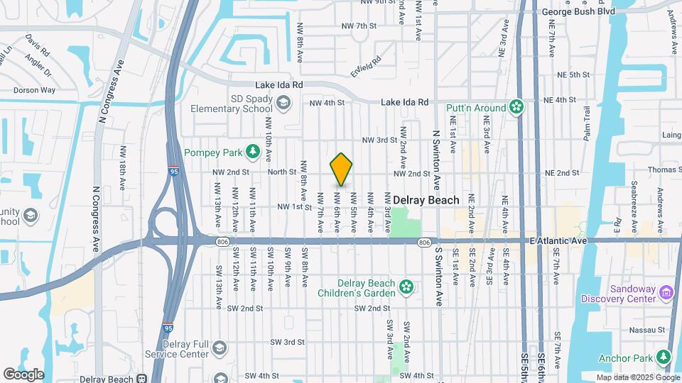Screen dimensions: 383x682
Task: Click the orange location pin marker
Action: (342, 170)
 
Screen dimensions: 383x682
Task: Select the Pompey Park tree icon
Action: (251, 151)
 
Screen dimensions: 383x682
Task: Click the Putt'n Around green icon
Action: (516, 108)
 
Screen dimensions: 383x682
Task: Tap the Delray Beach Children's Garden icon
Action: (406, 287)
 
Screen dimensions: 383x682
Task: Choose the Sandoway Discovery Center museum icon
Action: (666, 292)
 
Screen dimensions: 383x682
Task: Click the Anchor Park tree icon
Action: (664, 355)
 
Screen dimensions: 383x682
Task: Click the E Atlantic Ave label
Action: (558, 241)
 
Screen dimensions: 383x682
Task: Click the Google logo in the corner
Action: (23, 374)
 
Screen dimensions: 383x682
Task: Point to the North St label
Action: (281, 172)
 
